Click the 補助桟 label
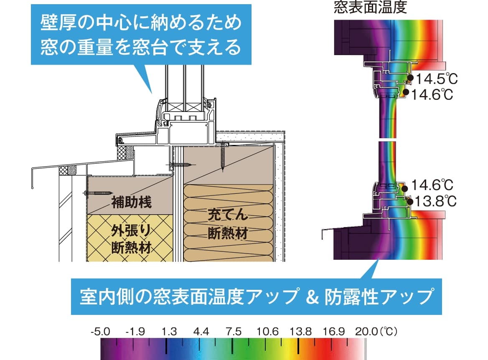130,203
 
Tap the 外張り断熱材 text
130,238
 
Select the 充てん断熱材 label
227,225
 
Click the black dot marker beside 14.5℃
410,78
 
